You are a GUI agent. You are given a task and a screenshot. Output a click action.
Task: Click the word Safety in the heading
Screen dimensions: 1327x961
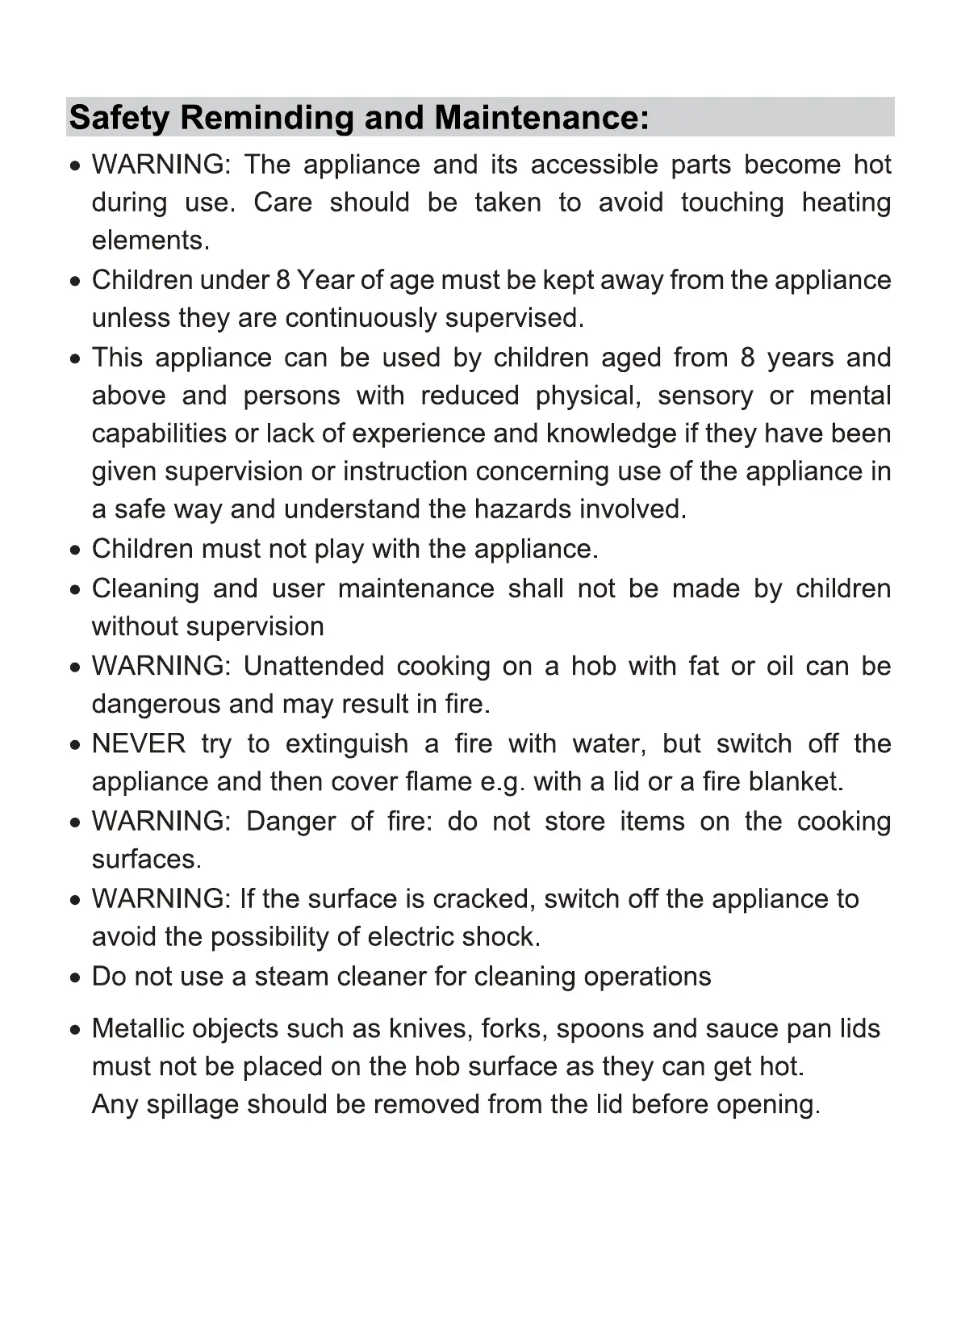(x=119, y=118)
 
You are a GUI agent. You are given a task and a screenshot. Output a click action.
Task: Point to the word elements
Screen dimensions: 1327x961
(x=151, y=241)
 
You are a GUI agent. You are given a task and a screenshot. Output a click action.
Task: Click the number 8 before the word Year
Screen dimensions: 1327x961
(x=282, y=280)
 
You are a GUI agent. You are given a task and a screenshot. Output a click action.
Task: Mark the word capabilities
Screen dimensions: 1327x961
(x=159, y=434)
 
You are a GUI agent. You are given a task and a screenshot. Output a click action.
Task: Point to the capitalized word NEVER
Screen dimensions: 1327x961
(x=139, y=743)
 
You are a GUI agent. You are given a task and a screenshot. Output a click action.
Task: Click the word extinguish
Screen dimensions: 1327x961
(x=347, y=743)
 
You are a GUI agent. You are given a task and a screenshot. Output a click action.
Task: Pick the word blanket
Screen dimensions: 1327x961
(x=796, y=782)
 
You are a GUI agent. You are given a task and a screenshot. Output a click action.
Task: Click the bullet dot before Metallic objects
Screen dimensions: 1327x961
(x=75, y=1031)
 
